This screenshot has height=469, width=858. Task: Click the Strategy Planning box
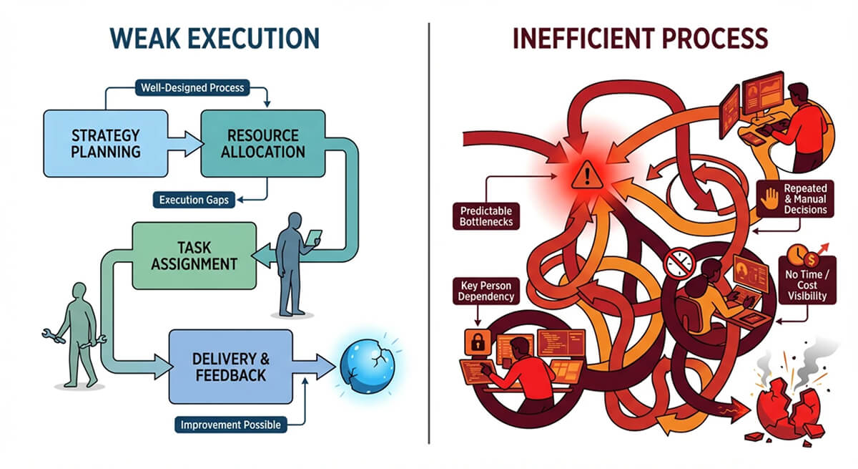coord(106,143)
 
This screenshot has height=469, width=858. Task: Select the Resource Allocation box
coord(263,143)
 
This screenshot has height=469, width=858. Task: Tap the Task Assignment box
coord(194,256)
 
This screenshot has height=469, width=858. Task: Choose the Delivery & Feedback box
coord(231,367)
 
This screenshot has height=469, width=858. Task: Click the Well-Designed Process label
coord(192,88)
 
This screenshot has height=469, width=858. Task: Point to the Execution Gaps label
coord(194,200)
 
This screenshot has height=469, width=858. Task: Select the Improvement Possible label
coord(230,425)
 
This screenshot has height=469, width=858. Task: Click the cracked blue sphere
coord(368,366)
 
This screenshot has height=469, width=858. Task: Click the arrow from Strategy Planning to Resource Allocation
coord(185,144)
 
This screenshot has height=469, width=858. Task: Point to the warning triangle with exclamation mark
coord(587,175)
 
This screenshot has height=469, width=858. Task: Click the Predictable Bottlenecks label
coord(486,216)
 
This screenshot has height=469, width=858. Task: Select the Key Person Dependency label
coord(486,291)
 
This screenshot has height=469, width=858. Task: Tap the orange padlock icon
coord(478,342)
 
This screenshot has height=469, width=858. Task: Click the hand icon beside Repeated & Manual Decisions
coord(769,198)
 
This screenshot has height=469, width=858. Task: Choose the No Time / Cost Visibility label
coord(807,285)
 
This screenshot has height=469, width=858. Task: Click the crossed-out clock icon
coord(679,263)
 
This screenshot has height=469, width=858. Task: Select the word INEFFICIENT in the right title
coord(583,39)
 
